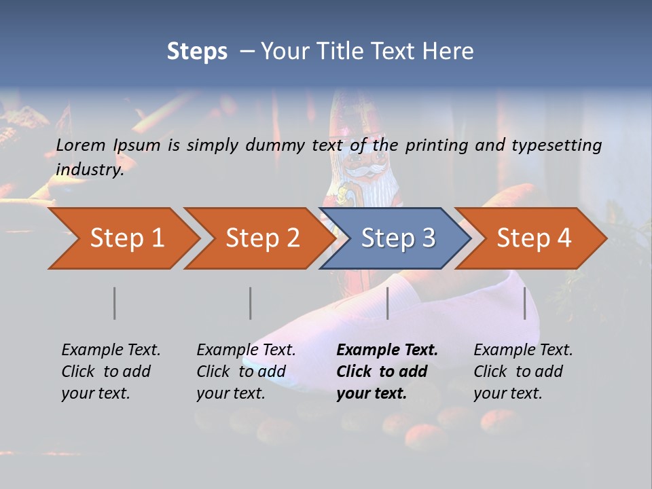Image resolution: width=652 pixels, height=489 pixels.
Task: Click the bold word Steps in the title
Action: (x=197, y=52)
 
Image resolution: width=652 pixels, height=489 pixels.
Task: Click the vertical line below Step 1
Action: (x=115, y=303)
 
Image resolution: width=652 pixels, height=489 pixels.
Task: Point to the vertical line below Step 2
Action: (x=251, y=303)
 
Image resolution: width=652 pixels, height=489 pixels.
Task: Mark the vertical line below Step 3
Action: (x=387, y=303)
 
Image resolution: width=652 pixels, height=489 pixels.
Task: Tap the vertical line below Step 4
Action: (x=524, y=303)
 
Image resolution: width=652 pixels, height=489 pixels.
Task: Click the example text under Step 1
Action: (x=111, y=372)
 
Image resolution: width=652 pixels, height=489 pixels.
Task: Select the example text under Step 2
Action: (x=246, y=372)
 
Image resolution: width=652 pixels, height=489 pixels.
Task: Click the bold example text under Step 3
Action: (x=387, y=372)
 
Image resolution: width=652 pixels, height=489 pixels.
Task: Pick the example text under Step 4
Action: (x=523, y=372)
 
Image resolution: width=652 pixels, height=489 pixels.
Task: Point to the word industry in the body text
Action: (x=89, y=170)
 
